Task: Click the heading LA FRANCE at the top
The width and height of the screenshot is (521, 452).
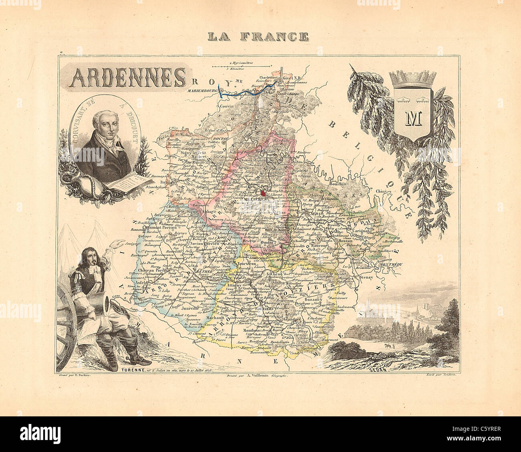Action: [258, 37]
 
